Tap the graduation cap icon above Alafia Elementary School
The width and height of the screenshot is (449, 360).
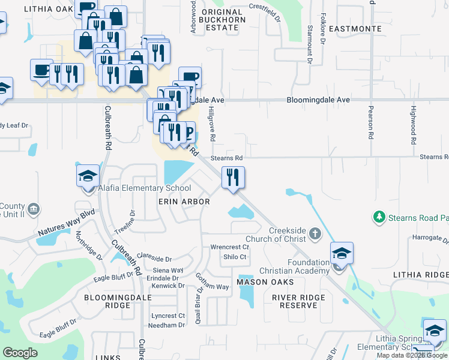tap(88, 175)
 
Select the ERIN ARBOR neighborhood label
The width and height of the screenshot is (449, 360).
tap(184, 202)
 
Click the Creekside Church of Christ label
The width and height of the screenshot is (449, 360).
tap(288, 235)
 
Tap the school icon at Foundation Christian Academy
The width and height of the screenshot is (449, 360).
tap(342, 253)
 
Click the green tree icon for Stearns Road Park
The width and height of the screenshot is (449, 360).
tap(379, 216)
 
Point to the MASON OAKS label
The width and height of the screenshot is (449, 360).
tap(265, 281)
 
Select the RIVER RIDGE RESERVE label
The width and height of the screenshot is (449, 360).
tap(298, 301)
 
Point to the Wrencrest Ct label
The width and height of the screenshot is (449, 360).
tap(229, 247)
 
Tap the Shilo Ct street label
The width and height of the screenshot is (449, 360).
tap(235, 257)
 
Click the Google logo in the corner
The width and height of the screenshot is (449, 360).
tap(20, 353)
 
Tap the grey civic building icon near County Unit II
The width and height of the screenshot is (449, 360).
tap(34, 209)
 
